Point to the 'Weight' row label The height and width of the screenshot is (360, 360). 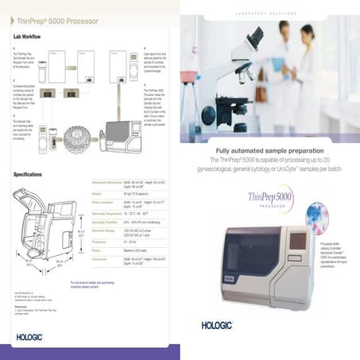(x=99, y=192)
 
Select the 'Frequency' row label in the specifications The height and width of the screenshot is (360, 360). (x=101, y=239)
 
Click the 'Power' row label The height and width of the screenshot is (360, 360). (x=98, y=249)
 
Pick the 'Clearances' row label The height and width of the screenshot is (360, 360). (x=102, y=260)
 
